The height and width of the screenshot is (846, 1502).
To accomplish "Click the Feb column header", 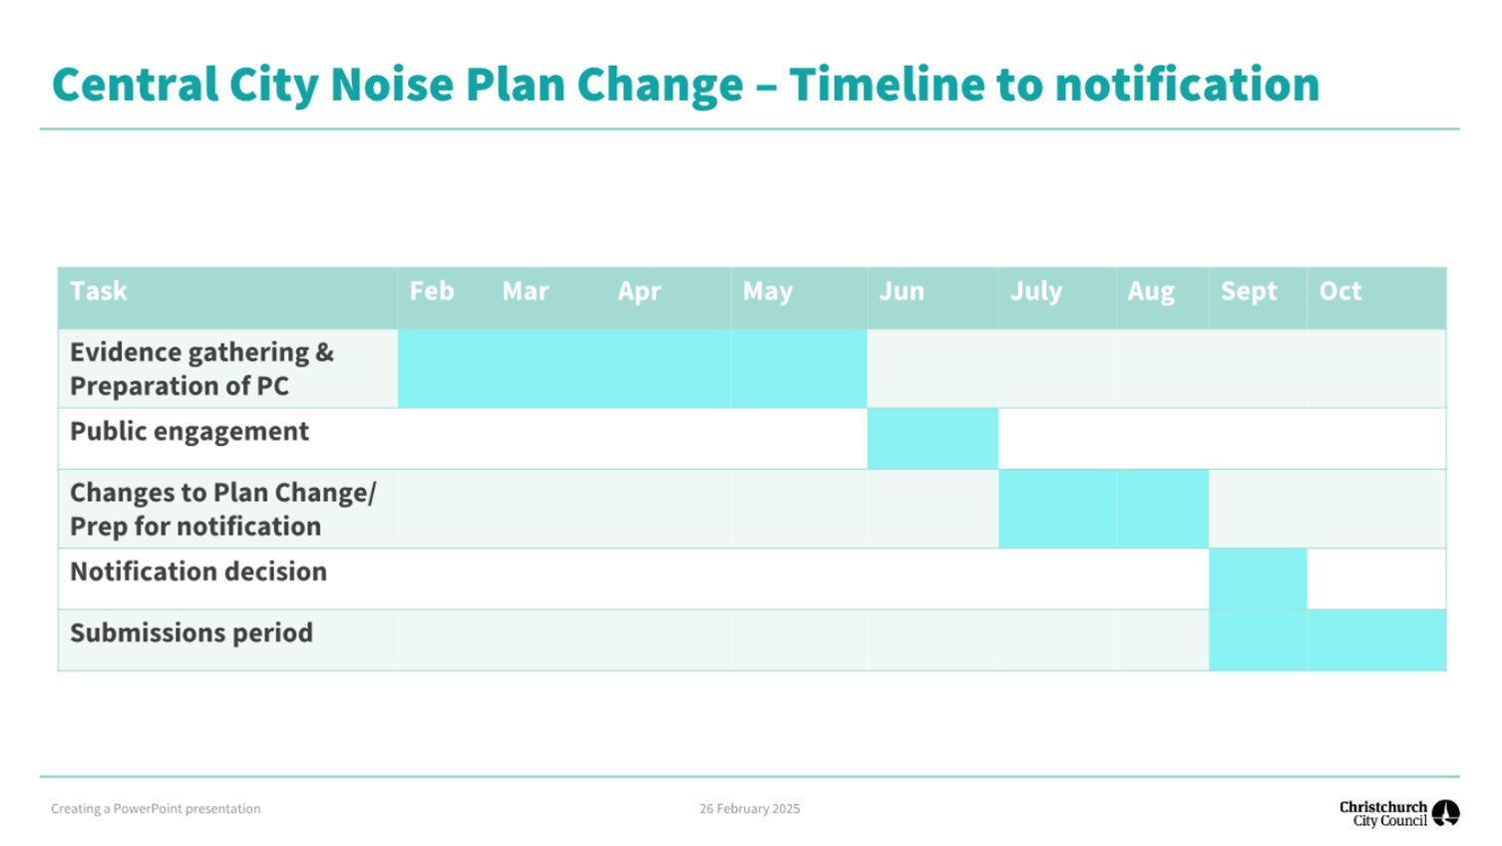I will (432, 291).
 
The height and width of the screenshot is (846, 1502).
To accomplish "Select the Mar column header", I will (526, 291).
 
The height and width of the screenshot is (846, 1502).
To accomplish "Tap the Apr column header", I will (639, 291).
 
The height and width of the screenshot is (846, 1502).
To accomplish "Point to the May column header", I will (768, 291).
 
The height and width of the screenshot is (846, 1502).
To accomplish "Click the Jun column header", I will (902, 291).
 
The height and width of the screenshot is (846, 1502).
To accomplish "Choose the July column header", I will (1036, 291).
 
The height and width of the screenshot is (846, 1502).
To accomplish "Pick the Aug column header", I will (1151, 291).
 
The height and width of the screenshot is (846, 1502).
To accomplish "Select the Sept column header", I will (1249, 291).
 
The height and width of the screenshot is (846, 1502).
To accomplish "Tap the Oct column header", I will (1340, 291).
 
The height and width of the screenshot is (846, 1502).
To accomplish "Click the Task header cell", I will (99, 291).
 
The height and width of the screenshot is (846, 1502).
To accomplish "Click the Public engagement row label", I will (189, 431).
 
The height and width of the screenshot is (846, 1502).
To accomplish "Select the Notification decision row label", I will (198, 572).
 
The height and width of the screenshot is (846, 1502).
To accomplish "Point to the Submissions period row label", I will (191, 633).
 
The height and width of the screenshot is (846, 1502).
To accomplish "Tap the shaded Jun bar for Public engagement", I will (933, 439).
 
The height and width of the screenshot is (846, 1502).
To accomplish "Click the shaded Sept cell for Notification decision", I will (1258, 579).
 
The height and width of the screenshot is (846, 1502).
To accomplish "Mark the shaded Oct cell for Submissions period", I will (1376, 639).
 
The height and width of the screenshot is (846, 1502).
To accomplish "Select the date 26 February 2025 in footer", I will (749, 809).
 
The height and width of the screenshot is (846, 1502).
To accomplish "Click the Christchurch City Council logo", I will (1398, 813).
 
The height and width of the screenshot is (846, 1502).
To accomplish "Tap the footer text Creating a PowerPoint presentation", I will (156, 809).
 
